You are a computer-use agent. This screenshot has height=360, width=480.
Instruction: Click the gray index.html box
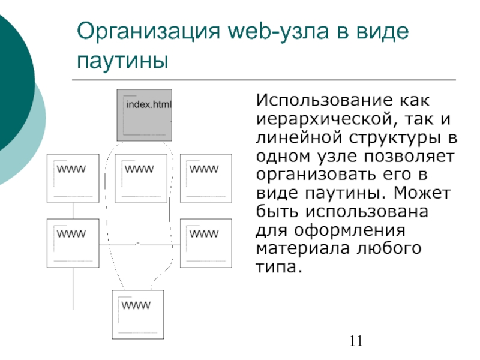pos(144,114)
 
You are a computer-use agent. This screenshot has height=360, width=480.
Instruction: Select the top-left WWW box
pos(73,178)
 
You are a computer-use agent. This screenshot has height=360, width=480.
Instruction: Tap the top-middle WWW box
pos(140,178)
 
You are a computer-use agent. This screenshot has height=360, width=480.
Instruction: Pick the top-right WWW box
pos(206,178)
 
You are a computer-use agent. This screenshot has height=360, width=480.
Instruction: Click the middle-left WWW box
pos(73,243)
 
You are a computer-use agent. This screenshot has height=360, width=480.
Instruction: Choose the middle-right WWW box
pos(206,243)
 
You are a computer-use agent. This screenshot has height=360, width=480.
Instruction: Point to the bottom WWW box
pos(138,314)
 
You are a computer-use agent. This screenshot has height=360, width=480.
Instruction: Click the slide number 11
pos(355,342)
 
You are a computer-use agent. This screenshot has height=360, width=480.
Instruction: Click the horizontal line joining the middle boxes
pos(139,245)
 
